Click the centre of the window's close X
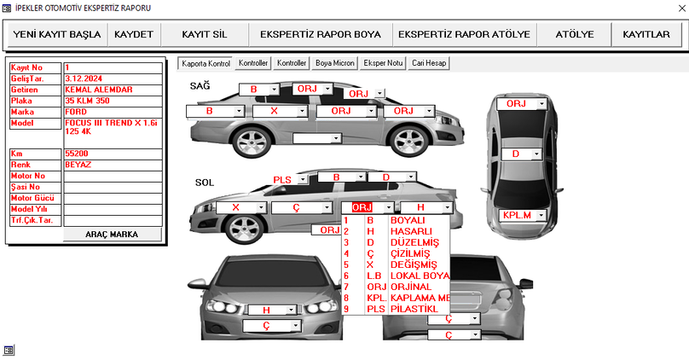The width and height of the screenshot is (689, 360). (x=682, y=9)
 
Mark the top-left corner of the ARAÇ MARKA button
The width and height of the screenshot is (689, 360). (x=64, y=228)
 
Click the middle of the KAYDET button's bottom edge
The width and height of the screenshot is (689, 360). (x=134, y=46)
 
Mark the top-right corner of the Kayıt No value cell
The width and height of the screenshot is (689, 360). (x=162, y=62)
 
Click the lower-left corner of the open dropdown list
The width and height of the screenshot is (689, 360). (x=342, y=315)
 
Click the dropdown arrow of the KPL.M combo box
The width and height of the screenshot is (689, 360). (x=541, y=215)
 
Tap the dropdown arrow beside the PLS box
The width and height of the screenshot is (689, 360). (x=302, y=179)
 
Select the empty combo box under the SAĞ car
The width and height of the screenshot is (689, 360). (x=316, y=138)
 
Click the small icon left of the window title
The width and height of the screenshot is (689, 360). (x=7, y=9)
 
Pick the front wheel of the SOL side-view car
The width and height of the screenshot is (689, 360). (x=245, y=229)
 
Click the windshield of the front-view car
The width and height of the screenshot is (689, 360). (x=273, y=272)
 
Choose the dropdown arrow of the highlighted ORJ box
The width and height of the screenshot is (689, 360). (x=389, y=207)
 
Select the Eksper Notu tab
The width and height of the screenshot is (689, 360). (x=383, y=63)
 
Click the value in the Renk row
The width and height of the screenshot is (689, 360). (x=78, y=165)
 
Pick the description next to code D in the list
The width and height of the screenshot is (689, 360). (x=414, y=242)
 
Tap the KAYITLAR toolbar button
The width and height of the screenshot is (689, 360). (x=646, y=34)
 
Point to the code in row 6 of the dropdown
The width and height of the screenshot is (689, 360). (x=374, y=276)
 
